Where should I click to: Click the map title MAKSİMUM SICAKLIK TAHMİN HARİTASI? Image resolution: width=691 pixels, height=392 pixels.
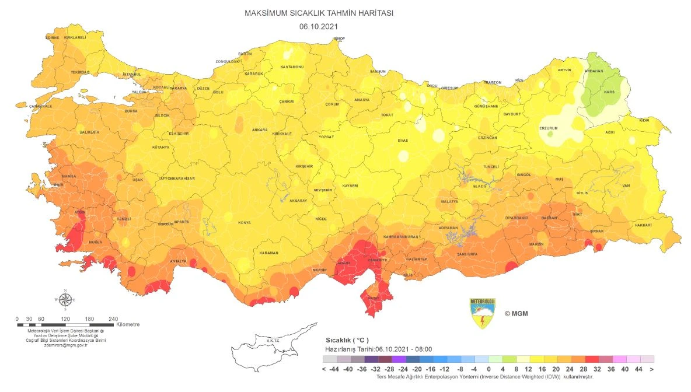(x=319, y=13)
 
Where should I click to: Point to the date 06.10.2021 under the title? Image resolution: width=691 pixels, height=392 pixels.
(x=319, y=26)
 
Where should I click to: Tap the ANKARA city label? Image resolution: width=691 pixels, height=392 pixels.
(x=259, y=129)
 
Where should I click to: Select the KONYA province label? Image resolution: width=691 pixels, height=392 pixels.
(x=245, y=223)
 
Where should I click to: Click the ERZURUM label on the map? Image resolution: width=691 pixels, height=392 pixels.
(x=549, y=128)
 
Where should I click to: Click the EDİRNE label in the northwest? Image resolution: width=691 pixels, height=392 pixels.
(x=53, y=37)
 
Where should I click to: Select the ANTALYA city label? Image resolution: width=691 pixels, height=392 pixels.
(x=177, y=261)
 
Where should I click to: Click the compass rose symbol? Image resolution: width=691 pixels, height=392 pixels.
(x=66, y=300)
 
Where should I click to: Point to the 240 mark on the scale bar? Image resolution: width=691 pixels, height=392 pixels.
(x=113, y=319)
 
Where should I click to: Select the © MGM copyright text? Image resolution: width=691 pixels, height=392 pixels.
(x=515, y=313)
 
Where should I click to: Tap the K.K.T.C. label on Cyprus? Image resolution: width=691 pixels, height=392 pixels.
(x=273, y=341)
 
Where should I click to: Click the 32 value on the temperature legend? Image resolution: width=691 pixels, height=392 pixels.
(x=592, y=369)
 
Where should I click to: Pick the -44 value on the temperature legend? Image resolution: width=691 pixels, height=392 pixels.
(x=334, y=369)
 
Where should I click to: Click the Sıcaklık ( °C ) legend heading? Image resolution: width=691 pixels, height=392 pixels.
(x=346, y=339)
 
